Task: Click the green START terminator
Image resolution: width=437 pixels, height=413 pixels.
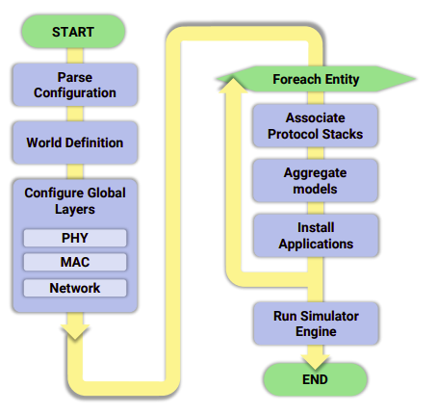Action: point(73,32)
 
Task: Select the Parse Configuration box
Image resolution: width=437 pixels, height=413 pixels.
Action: point(75,85)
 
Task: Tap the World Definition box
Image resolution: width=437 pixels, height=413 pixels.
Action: point(75,142)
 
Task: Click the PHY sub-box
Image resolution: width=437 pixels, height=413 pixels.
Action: point(75,238)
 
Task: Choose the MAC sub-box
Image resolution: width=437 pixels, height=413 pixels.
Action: point(75,262)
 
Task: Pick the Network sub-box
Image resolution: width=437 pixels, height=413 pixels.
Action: point(75,288)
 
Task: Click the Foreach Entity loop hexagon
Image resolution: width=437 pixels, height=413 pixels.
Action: point(316,79)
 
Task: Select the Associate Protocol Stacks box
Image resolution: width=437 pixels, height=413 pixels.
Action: point(316,126)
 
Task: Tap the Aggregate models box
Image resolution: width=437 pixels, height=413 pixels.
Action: point(316,181)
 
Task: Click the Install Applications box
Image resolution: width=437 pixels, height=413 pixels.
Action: point(316,236)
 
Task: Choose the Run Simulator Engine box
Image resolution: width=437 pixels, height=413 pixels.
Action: point(316,323)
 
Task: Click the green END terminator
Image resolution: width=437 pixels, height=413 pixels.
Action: point(315,379)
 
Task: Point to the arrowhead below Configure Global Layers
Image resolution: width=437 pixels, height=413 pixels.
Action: point(75,331)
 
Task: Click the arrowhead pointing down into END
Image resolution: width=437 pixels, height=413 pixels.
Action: point(316,362)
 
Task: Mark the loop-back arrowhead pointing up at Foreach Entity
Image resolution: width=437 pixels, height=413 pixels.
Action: point(233,85)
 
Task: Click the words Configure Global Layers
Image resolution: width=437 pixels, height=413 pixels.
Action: point(75,201)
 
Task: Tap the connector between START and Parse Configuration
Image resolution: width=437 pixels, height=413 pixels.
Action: point(75,56)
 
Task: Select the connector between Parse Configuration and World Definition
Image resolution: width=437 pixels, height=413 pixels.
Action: point(75,114)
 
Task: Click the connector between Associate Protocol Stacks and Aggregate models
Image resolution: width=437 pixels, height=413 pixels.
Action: point(316,153)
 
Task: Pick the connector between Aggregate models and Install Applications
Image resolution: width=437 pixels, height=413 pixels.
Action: point(316,208)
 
